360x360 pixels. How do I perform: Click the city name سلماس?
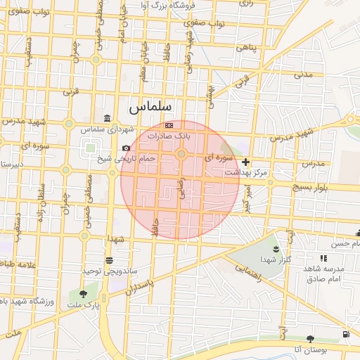[150, 108]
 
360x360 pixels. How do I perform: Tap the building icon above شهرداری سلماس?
[106, 118]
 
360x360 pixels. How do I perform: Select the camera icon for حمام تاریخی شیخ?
[126, 148]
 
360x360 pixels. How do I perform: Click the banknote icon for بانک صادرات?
[168, 124]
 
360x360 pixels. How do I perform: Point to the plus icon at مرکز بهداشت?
[245, 162]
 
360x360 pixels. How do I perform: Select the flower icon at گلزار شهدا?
[275, 250]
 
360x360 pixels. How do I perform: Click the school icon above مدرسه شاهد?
[323, 259]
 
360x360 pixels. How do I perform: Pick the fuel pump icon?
[345, 334]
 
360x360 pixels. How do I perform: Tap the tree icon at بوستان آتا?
[310, 339]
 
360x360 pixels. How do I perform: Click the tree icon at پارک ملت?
[84, 295]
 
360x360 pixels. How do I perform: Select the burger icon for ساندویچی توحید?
[109, 260]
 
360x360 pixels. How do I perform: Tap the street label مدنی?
[302, 73]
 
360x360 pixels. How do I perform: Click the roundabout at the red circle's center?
[181, 154]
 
